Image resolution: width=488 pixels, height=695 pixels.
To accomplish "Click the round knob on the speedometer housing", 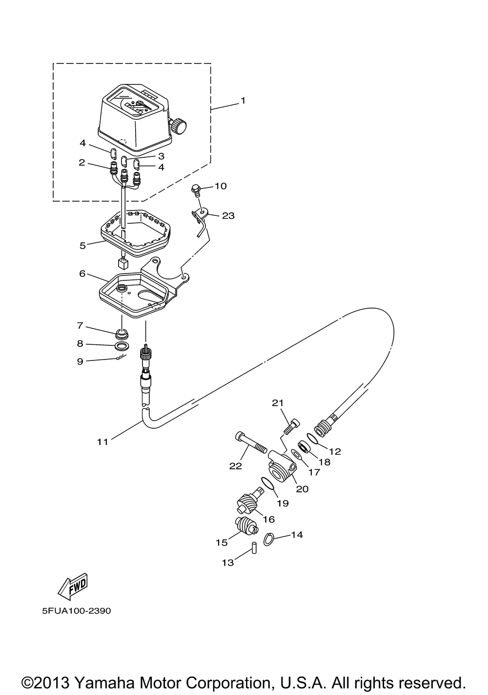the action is pos(179,126).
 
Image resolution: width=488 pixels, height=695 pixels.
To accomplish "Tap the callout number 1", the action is pos(243,101).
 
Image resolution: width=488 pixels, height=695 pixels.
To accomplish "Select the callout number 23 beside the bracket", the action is pos(228,215).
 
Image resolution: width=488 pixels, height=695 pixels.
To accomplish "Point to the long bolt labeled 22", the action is pos(252,443).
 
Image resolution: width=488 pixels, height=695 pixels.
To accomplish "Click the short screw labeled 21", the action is pos(292,426).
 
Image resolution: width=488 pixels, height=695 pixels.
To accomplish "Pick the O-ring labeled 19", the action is pos(267,484).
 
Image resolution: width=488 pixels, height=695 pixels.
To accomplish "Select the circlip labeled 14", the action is pos(268,539).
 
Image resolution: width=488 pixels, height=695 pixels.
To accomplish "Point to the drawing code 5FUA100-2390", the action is pos(76,611).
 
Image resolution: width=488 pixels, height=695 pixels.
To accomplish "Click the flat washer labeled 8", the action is pos(122,345).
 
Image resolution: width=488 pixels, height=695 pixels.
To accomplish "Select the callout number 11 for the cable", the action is pos(102,442).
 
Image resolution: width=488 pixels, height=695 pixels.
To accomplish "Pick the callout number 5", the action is pos(82,246).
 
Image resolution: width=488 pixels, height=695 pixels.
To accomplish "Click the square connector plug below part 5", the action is pos(123,264).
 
